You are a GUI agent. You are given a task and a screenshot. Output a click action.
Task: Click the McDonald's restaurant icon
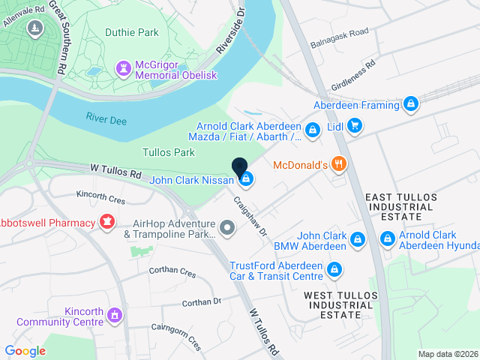(x=338, y=164)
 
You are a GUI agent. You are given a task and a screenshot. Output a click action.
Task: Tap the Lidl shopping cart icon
(x=354, y=128)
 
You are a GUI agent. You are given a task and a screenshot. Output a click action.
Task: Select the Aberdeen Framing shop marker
(x=410, y=105)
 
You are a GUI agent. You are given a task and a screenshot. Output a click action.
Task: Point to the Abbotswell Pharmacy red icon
(x=106, y=223)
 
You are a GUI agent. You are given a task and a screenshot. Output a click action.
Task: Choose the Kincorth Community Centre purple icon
(x=114, y=315)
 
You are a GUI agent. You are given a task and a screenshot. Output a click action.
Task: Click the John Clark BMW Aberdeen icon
(x=358, y=239)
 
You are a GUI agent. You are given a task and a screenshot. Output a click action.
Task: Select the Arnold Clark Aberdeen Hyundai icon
(x=387, y=239)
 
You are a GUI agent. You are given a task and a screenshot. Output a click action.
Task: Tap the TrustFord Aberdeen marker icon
(x=335, y=269)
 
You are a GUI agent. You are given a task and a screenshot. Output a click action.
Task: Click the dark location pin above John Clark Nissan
(x=240, y=169)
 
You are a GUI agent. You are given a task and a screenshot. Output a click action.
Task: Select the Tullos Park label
(x=169, y=152)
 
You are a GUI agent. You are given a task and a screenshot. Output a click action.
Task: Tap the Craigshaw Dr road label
(x=250, y=217)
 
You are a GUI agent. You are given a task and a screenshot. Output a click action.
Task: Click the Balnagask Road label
(x=339, y=37)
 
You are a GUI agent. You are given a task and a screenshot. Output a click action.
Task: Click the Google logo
(x=25, y=350)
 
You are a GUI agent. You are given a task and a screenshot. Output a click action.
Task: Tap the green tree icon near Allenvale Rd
(x=34, y=28)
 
